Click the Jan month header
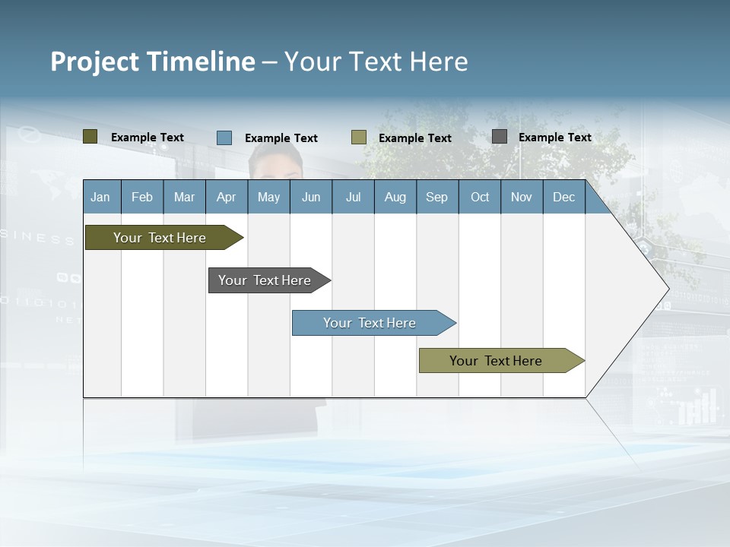[x=101, y=197]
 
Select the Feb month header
[x=142, y=197]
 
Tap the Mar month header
[x=184, y=197]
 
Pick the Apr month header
[x=227, y=197]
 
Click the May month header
[x=268, y=197]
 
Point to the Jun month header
[x=311, y=197]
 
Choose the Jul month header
[x=353, y=197]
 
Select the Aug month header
[x=395, y=197]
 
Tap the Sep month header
[x=437, y=197]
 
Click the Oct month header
[x=480, y=197]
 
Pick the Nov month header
[x=522, y=197]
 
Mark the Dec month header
[x=564, y=197]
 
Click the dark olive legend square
[x=90, y=137]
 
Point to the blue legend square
[x=224, y=138]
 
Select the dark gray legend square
[x=500, y=137]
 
